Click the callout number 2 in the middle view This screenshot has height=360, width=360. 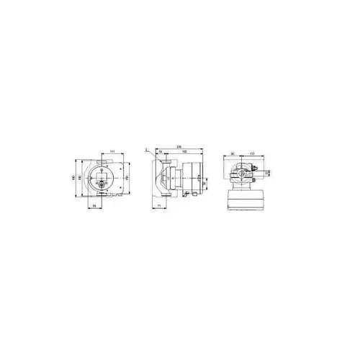pos(145,150)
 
